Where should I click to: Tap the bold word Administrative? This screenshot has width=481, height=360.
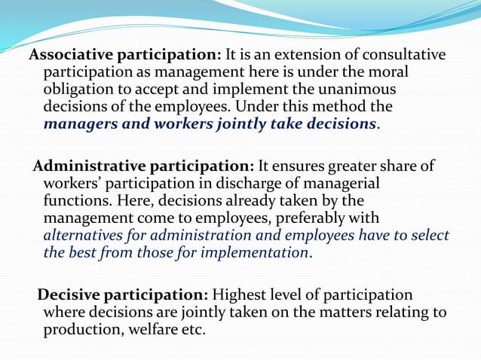coord(88,166)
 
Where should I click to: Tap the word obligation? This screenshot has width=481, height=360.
coord(80,90)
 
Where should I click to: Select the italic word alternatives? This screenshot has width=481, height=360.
coord(85,235)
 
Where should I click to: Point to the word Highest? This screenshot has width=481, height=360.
coord(239,294)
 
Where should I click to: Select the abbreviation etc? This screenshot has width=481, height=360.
coord(194,329)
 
